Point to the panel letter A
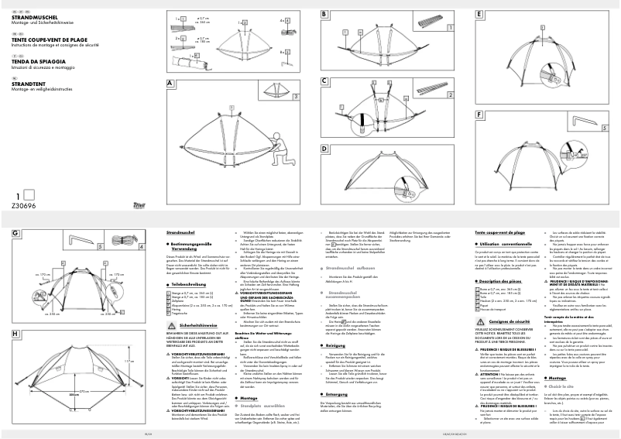pos(170,83)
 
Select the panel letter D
pos(324,148)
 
